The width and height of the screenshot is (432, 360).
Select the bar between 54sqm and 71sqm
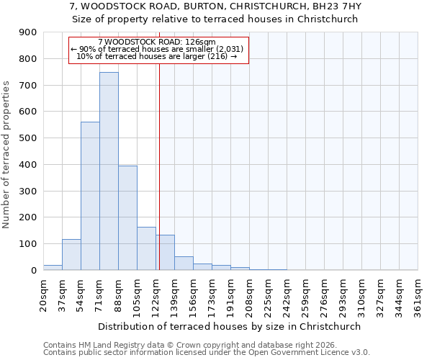point(90,196)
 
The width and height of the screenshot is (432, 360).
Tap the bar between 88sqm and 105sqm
point(127,218)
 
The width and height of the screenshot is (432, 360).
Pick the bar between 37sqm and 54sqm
point(71,255)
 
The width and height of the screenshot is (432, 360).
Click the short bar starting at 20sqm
point(53,267)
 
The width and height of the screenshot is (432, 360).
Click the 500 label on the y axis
point(29,138)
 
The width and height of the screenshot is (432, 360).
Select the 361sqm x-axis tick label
point(418,295)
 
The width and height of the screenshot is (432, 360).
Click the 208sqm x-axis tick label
point(249,295)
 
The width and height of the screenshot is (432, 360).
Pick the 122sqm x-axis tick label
point(156,295)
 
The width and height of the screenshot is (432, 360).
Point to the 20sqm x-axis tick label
point(43,295)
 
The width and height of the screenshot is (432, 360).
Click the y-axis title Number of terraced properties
point(6,155)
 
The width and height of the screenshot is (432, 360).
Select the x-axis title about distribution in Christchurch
point(230,326)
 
